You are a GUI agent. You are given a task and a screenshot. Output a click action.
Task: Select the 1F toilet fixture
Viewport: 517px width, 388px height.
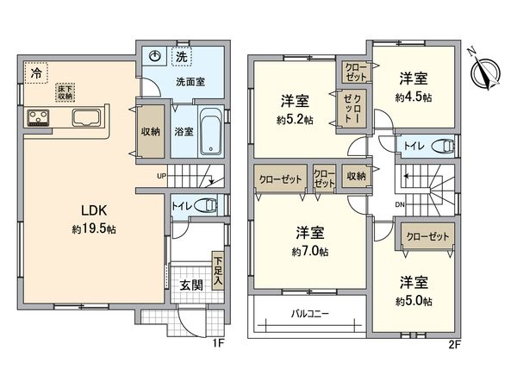tap(206, 205)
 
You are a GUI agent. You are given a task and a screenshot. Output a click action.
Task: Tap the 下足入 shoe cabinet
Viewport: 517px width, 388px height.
tap(218, 270)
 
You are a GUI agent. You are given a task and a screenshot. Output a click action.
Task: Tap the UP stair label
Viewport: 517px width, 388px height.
tap(160, 178)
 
